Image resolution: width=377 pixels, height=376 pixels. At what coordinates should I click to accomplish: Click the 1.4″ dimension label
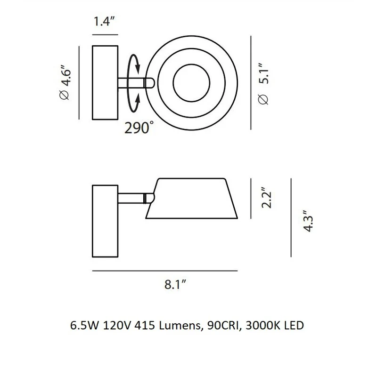point(104,21)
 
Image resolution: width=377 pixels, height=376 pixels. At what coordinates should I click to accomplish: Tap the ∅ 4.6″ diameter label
point(66,82)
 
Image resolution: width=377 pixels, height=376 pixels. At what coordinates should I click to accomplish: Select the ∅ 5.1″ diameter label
point(263,84)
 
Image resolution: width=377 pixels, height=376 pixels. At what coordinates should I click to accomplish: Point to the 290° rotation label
point(139,128)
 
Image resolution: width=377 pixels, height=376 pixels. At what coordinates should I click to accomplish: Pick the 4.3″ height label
point(308,221)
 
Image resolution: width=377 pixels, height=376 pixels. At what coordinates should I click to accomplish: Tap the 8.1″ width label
point(175,285)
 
